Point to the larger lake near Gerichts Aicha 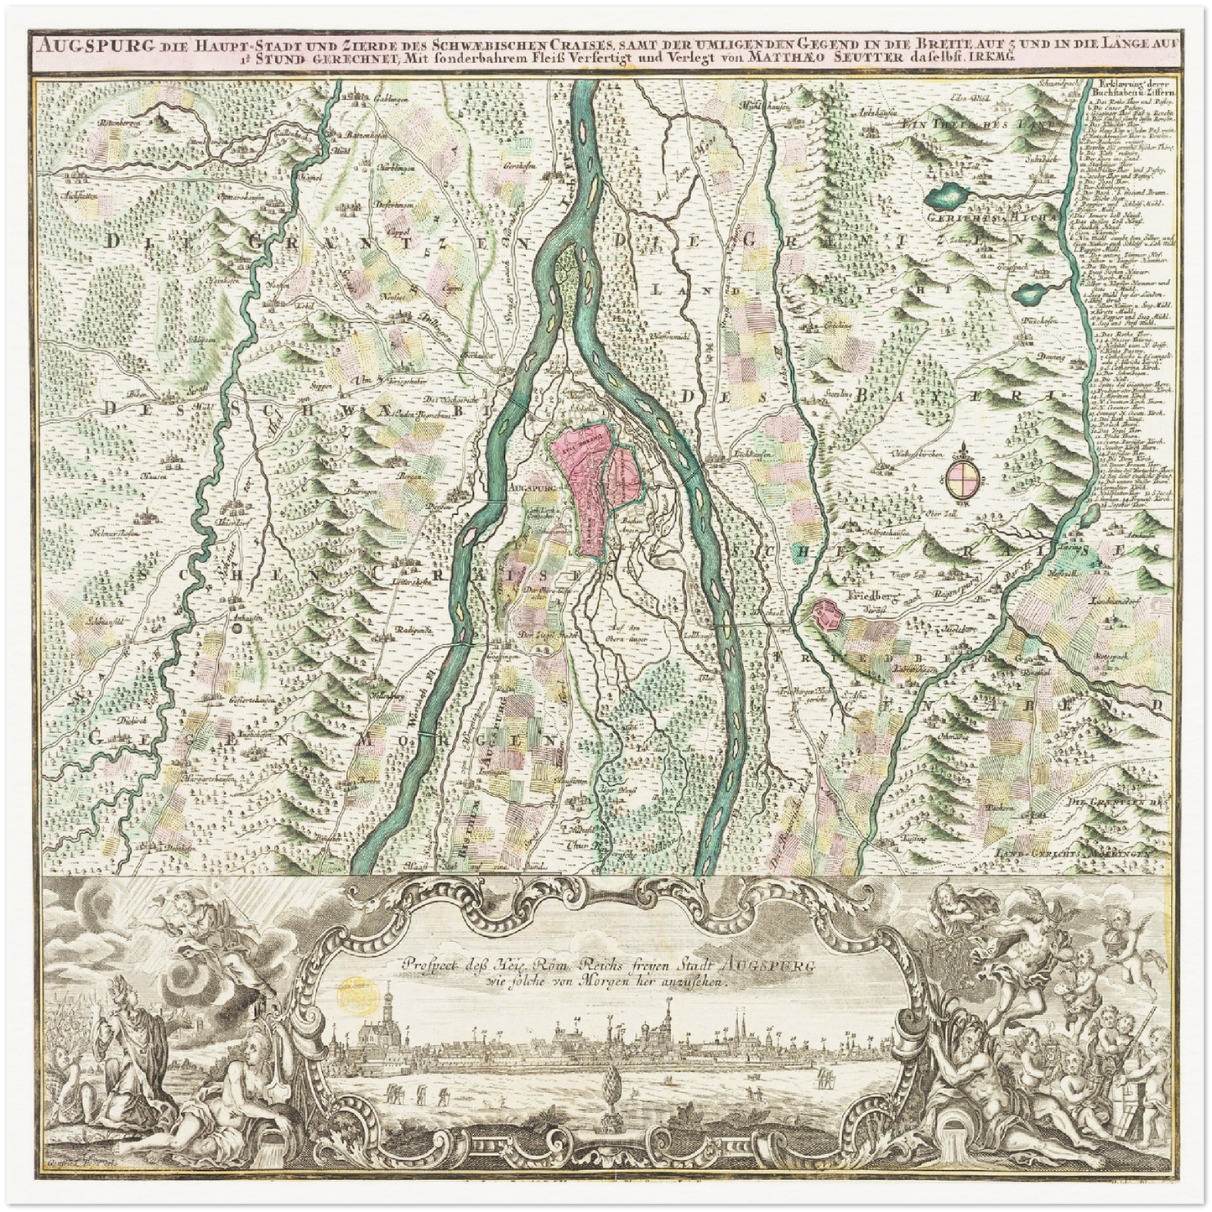(x=950, y=197)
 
